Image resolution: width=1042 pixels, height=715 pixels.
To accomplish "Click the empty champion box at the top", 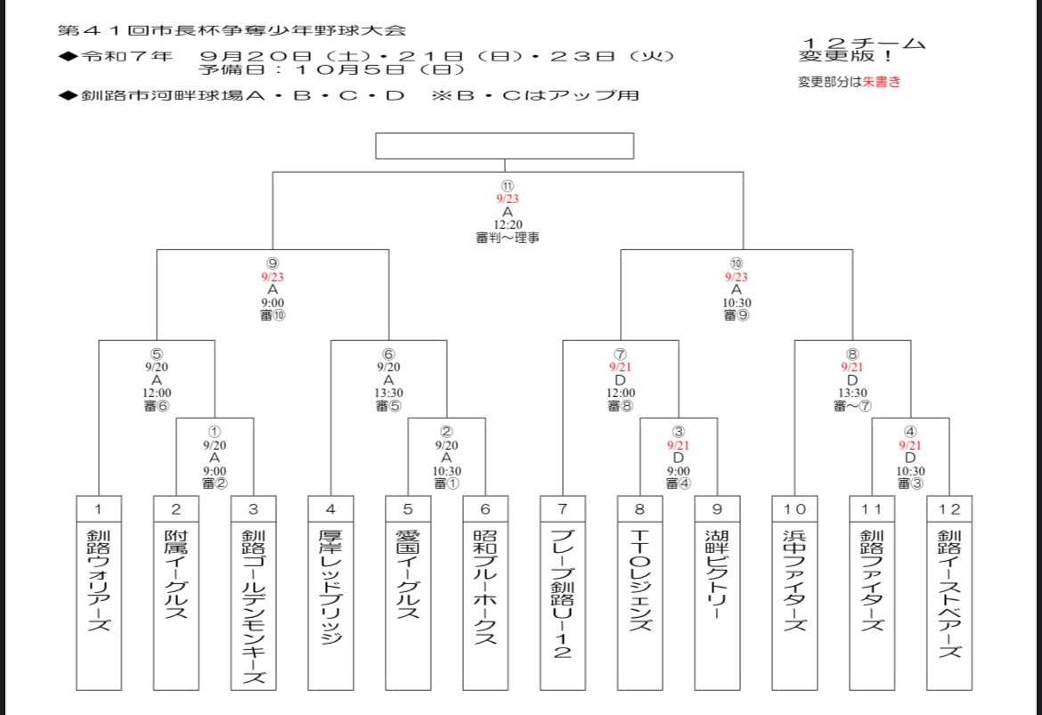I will (x=504, y=145).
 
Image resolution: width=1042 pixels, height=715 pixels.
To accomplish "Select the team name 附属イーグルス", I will (x=175, y=575).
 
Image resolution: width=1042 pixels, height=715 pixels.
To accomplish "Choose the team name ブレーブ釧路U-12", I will (x=563, y=593).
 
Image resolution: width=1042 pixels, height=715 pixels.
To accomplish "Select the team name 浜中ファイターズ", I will (x=794, y=580).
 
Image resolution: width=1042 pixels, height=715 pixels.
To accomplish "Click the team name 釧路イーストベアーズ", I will (x=949, y=593).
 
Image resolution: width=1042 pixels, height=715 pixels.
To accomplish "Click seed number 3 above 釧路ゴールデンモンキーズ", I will (x=253, y=509).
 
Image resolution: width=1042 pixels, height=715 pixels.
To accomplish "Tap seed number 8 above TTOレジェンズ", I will (x=640, y=509).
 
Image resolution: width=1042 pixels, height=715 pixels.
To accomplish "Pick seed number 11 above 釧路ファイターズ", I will (x=872, y=509).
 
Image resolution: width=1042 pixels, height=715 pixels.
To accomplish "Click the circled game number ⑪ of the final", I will (x=508, y=185).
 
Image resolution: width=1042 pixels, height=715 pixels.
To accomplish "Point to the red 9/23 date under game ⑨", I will (x=273, y=277).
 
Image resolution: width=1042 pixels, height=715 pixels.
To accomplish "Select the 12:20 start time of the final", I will (x=508, y=225).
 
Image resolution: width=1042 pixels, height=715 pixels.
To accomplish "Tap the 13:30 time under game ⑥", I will (x=388, y=392).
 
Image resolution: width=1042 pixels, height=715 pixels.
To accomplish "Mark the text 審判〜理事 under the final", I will (x=508, y=238).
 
